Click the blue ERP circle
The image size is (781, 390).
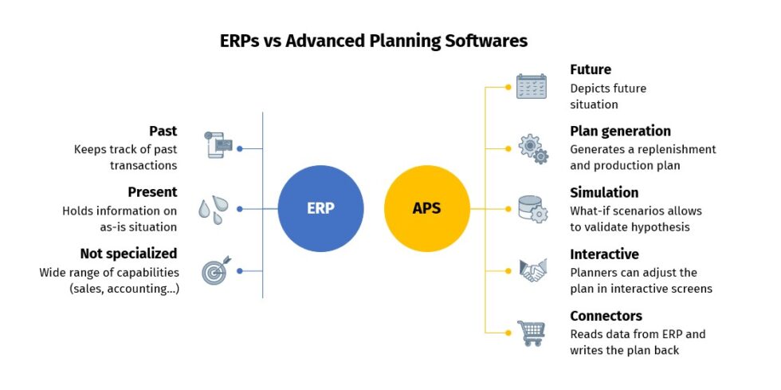pos(320,209)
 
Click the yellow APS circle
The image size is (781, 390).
pos(426,209)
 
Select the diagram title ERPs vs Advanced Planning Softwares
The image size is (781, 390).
pos(374,40)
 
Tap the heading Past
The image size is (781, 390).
pos(163,131)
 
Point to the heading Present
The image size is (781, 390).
pos(152,192)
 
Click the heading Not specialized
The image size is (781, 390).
pos(128,254)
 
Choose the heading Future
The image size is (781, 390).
pos(591,69)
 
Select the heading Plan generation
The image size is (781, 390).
pos(620,131)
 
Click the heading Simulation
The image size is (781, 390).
pos(604,192)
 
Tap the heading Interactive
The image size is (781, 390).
pos(604,254)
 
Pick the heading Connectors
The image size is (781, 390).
pos(606,316)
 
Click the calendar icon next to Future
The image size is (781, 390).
pos(532,86)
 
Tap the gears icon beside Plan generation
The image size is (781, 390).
pos(532,148)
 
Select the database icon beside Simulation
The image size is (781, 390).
pos(532,209)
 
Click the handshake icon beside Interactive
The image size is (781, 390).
pos(532,270)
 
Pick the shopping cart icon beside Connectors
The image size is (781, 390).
pos(532,332)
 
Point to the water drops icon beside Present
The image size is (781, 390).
pos(213,209)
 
